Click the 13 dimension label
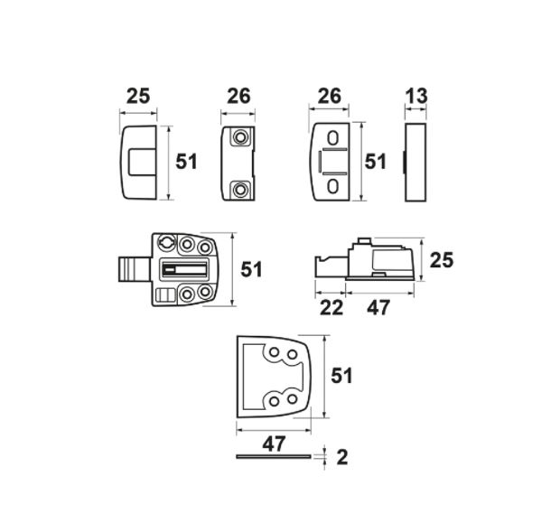pos(416,96)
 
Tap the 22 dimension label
pos(331,308)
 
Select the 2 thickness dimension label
pos(341,457)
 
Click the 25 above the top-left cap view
pos(138,96)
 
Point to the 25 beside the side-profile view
pos(442,260)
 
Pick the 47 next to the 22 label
pos(378,308)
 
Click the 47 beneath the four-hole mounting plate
pos(274,444)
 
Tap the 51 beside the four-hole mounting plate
pos(342,375)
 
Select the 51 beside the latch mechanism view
pos(252,269)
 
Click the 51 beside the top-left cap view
pos(186,162)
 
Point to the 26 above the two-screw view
pos(238,96)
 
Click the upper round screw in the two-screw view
pos(241,137)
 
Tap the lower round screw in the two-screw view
pos(241,190)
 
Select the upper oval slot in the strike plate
pos(333,140)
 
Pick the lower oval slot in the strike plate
pos(333,186)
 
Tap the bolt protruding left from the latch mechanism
pos(132,269)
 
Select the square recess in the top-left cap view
pos(141,162)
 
